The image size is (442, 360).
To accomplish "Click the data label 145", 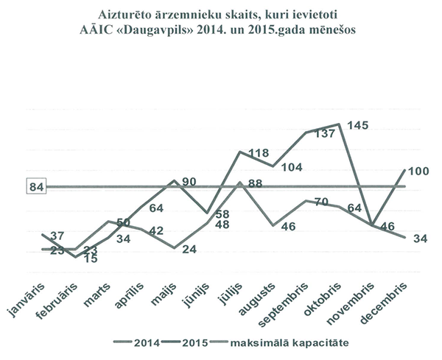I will tap(359, 126).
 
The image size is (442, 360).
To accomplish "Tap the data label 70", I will tap(320, 201).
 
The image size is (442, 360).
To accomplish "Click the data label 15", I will tap(91, 258).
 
